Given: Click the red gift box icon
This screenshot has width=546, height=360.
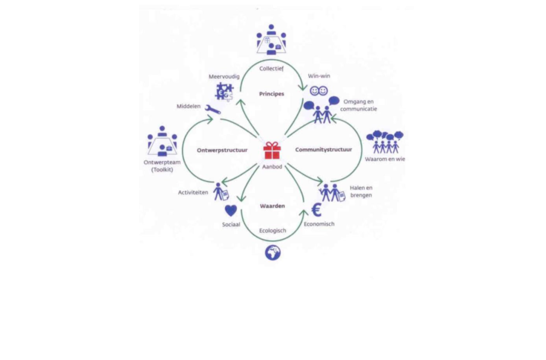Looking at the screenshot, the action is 272,150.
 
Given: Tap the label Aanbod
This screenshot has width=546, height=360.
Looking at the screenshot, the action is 272,167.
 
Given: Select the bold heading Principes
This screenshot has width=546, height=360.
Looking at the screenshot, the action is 272,94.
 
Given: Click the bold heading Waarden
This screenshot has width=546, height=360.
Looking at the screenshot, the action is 272,206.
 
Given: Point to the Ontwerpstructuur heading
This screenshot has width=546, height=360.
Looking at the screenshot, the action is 222,150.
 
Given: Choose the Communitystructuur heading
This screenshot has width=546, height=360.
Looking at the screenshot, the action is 323,150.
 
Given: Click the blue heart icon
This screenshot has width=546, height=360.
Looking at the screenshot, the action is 231,210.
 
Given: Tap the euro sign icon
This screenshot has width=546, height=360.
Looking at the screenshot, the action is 317,210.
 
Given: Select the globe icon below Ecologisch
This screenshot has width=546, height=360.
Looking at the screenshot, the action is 273,253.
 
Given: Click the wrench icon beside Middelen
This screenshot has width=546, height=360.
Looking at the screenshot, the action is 213,110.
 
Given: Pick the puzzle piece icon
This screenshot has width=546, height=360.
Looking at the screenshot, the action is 224,92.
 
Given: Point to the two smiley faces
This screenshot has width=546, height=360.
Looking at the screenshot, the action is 318,91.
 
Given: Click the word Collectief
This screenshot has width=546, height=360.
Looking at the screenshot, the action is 271,69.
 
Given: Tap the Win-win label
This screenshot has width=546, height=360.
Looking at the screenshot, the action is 319,76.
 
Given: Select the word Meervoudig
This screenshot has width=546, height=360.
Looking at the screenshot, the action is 224,77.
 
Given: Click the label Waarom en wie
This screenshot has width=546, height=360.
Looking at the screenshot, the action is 385,159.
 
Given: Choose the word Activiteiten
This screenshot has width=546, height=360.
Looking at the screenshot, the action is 193,193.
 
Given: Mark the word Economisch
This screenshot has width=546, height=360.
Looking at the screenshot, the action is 319,224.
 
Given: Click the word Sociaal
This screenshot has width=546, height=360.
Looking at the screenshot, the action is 231,225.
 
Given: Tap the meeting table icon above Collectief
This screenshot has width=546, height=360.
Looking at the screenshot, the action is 271,39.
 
